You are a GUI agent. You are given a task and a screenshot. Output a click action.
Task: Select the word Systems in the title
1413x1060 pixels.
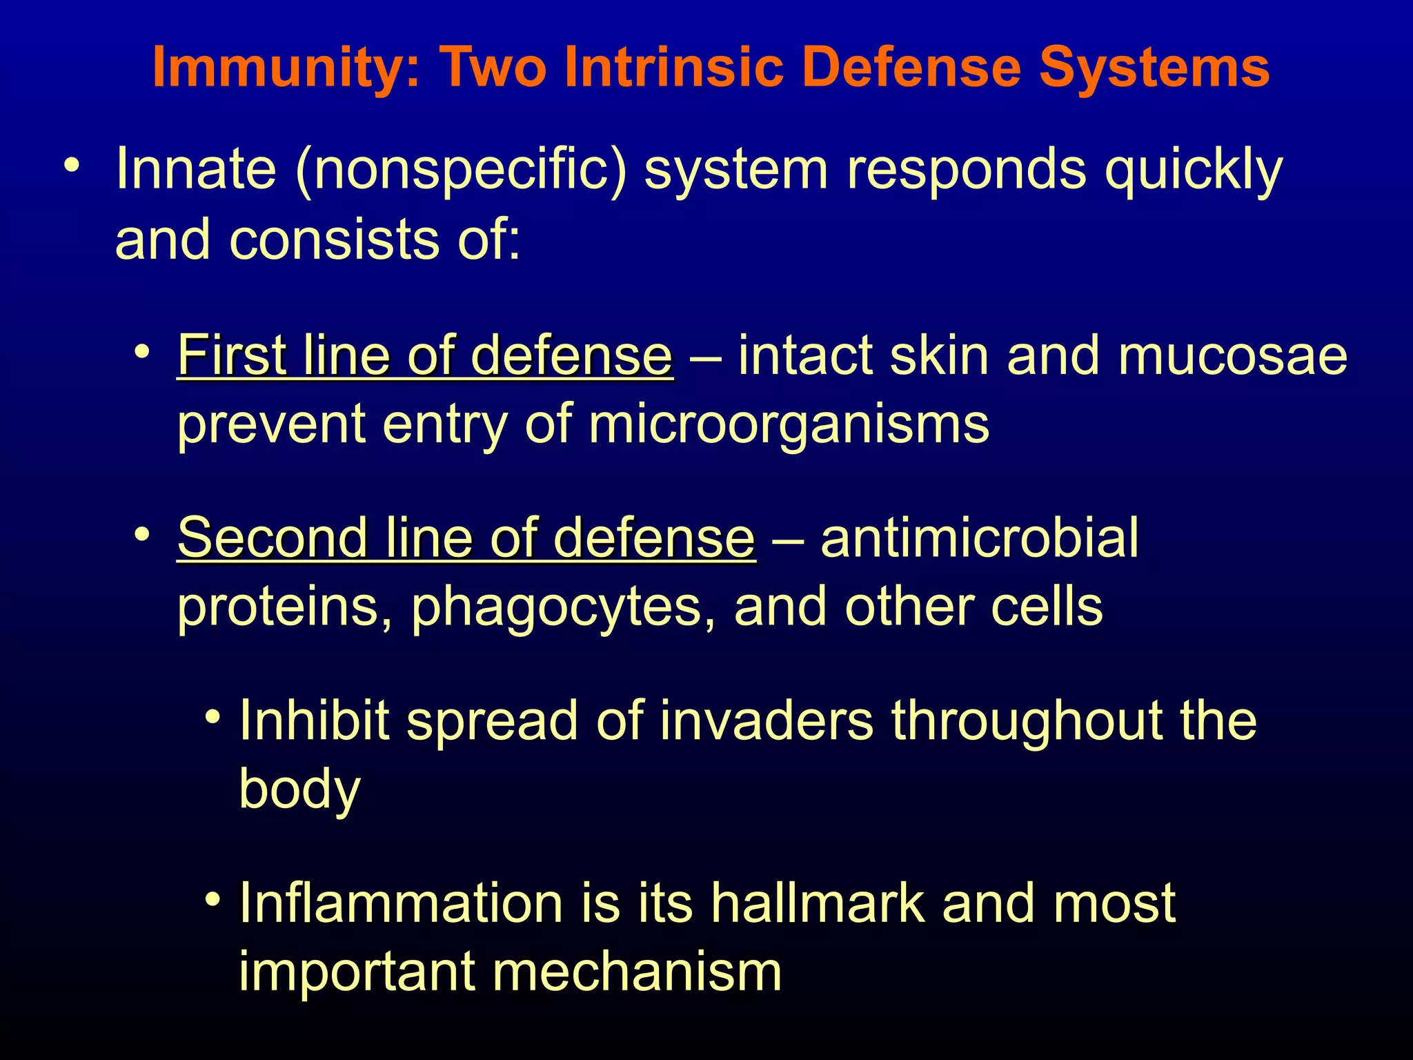(x=1154, y=68)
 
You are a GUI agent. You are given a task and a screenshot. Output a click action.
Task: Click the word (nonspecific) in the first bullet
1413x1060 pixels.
(x=461, y=170)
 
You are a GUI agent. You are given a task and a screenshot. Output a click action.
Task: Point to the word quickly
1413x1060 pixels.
(x=1193, y=170)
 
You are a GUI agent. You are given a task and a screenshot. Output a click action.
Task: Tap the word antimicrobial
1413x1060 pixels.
(x=979, y=538)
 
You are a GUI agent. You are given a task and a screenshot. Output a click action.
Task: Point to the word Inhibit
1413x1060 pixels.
(x=314, y=720)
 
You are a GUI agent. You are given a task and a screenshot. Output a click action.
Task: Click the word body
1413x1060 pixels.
(x=299, y=789)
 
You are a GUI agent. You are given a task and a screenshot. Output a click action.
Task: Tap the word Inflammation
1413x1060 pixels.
(x=401, y=903)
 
